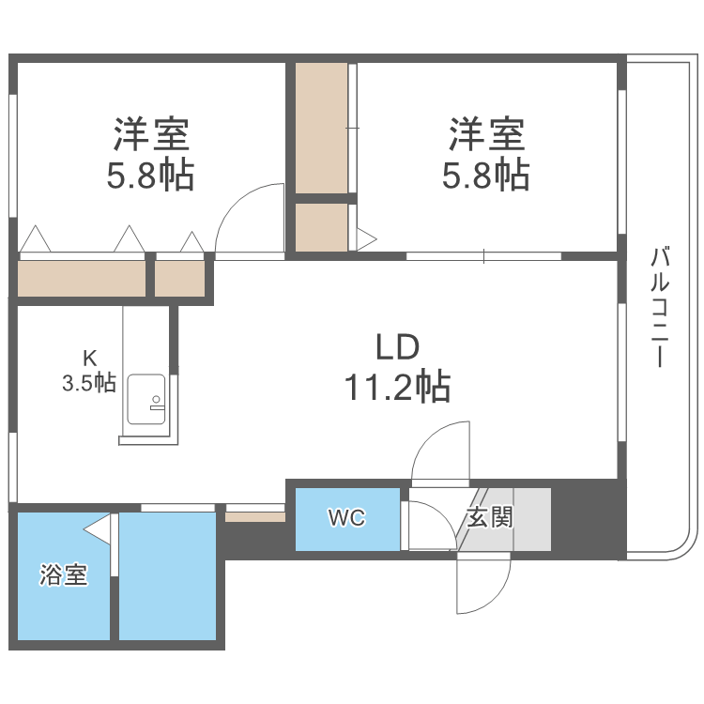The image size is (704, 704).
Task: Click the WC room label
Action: click(346, 518)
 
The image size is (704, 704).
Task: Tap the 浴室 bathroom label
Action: click(64, 575)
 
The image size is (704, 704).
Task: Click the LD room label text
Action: click(396, 348)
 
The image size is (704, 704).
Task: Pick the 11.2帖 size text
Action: click(396, 386)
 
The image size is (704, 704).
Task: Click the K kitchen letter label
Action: click(90, 358)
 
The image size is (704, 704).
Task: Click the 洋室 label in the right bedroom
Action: click(485, 135)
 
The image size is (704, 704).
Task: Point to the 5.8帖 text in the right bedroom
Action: click(485, 176)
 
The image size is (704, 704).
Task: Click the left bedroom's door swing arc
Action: click(247, 214)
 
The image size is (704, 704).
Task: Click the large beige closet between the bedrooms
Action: click(321, 127)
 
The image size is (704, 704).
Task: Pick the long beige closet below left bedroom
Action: click(83, 278)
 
